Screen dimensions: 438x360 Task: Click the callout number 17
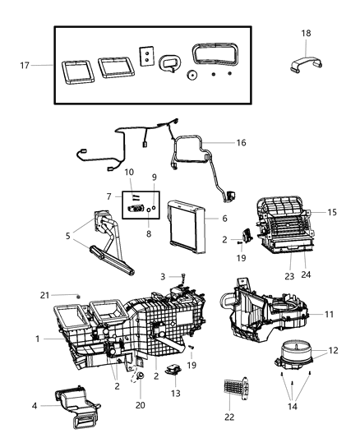(23, 65)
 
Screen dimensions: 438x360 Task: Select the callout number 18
(306, 34)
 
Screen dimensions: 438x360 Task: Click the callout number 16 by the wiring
(240, 142)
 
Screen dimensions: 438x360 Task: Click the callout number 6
(224, 219)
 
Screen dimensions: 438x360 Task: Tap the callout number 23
(289, 276)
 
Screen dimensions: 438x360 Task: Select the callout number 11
(329, 316)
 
